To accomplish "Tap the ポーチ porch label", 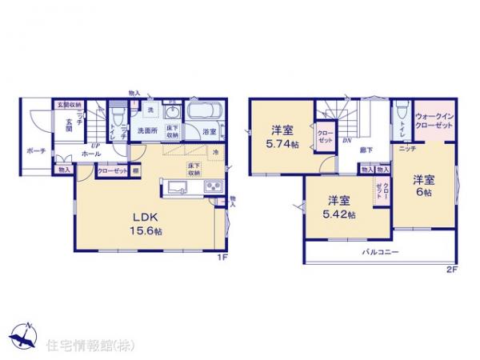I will click(x=34, y=150).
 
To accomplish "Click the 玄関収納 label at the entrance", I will click(x=69, y=105).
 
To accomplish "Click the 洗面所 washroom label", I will click(x=145, y=130).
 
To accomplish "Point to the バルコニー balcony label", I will click(x=380, y=252).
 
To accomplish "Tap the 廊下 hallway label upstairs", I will click(x=366, y=149).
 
